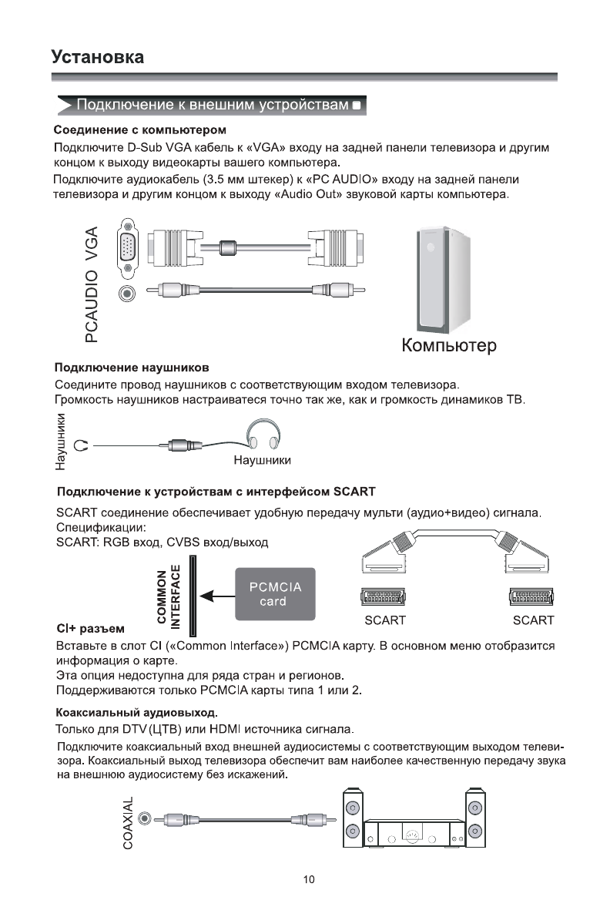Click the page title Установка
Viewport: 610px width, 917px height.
[x=97, y=57]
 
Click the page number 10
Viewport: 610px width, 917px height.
[x=309, y=879]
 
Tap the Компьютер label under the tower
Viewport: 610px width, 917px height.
[x=449, y=344]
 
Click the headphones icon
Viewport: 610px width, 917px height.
[x=263, y=435]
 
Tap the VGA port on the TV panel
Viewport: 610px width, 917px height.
[x=128, y=248]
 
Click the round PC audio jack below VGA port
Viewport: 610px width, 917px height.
[x=128, y=292]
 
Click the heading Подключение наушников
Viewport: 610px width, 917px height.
[x=132, y=366]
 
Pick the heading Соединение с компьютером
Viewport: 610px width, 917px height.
[x=139, y=129]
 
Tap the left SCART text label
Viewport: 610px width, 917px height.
[x=385, y=620]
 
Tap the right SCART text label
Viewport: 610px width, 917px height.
[x=533, y=620]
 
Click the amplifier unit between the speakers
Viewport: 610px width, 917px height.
[x=414, y=834]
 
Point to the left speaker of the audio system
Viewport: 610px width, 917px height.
[x=353, y=820]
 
